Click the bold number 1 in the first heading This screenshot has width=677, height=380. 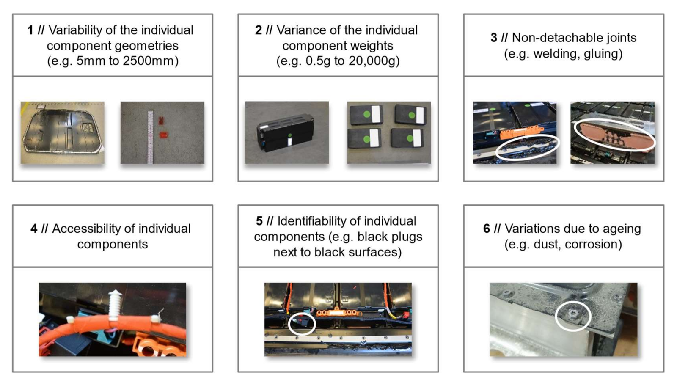click(30, 30)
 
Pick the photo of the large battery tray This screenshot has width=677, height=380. click(63, 133)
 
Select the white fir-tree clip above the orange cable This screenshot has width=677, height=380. click(114, 306)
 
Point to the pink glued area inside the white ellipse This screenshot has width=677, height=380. click(614, 135)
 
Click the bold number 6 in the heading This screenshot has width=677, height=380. click(487, 229)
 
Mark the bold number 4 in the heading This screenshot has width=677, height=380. click(34, 229)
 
